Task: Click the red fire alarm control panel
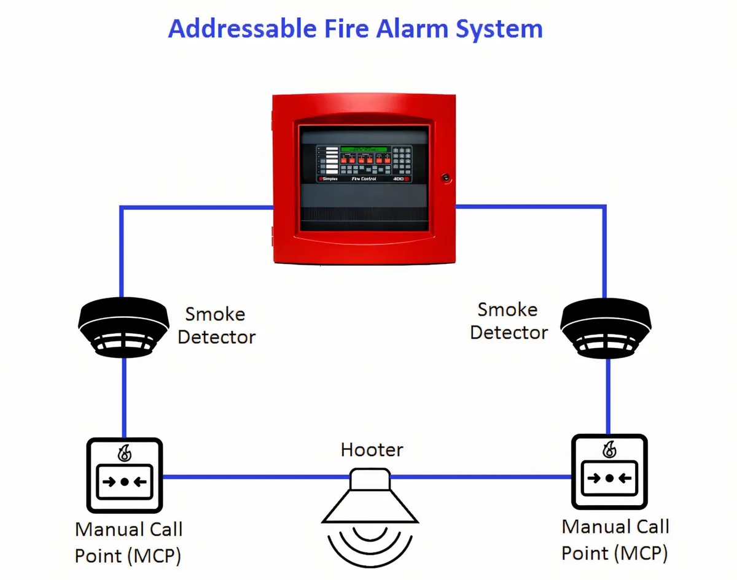[x=364, y=178]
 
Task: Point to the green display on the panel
[x=364, y=149]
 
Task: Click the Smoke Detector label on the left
[x=216, y=325]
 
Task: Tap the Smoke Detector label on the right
[x=509, y=320]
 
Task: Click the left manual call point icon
[x=125, y=475]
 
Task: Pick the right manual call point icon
[x=609, y=471]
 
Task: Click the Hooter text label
[x=372, y=450]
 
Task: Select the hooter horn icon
[x=370, y=498]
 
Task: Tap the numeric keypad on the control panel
[x=402, y=161]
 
